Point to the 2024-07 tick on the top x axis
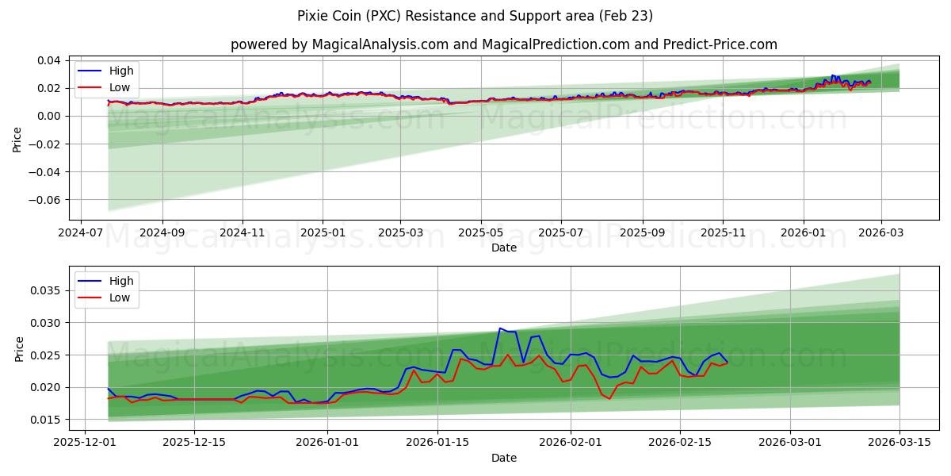[x=82, y=234]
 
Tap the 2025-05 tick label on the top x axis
[x=480, y=234]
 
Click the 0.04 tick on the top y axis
[x=47, y=60]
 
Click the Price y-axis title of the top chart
[x=17, y=140]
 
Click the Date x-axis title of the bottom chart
[x=503, y=458]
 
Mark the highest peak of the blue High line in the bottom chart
[x=500, y=328]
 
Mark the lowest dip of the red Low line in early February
[x=609, y=398]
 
